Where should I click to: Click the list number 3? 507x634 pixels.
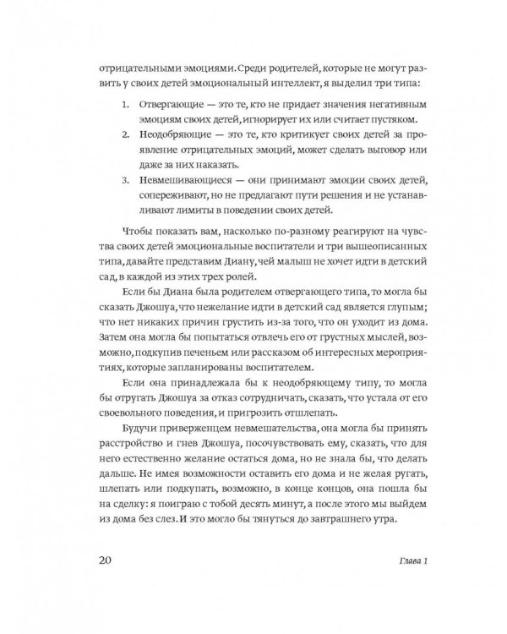[124, 181]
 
